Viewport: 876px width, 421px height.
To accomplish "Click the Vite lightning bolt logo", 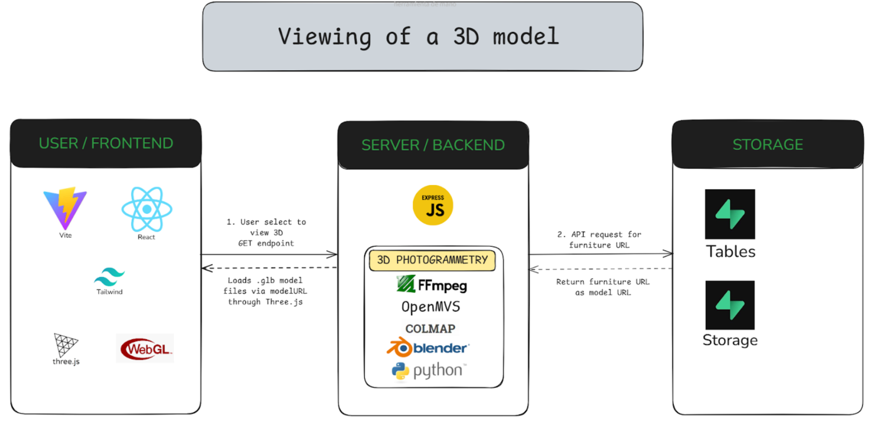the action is click(x=65, y=208).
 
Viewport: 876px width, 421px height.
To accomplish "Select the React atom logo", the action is click(x=147, y=209).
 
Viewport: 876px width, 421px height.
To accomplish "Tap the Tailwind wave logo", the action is click(x=109, y=277).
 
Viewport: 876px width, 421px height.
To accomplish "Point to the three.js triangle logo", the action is click(x=66, y=345).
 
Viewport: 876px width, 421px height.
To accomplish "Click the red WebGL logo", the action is click(x=145, y=348).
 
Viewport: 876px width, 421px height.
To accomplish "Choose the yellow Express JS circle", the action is click(x=433, y=205).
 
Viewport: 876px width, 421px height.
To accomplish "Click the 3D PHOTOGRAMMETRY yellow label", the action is click(x=432, y=260).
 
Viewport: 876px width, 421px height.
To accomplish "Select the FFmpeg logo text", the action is click(x=432, y=285).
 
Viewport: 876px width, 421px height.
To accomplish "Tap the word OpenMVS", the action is click(x=431, y=307).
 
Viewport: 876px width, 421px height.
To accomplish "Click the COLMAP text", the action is click(x=430, y=328).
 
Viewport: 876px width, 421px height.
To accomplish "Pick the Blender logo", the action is click(x=428, y=347).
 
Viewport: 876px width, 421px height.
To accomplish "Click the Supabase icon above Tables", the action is click(x=730, y=214).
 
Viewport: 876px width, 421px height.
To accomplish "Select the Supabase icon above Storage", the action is click(x=730, y=305).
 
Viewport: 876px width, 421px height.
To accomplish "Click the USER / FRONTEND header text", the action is click(x=106, y=143).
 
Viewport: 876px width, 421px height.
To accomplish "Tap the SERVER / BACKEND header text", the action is click(x=433, y=145).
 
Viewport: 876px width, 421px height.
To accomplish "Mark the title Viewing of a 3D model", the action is click(x=419, y=37).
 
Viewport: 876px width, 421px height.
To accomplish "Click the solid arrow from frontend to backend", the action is click(x=269, y=254).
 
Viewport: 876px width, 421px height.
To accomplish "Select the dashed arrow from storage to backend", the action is click(x=601, y=269).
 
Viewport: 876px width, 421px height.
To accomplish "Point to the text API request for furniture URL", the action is click(x=600, y=240).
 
